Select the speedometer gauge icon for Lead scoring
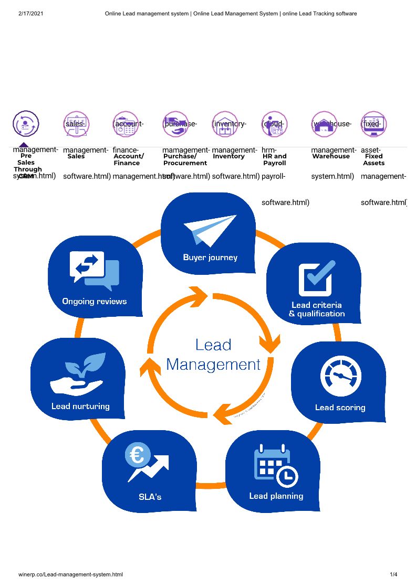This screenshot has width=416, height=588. tap(341, 377)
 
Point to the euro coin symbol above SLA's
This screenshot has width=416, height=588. tap(138, 454)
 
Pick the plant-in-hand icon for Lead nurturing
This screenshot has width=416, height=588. tap(78, 374)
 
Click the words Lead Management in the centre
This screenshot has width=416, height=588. tap(213, 355)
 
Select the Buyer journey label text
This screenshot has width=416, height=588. tap(210, 258)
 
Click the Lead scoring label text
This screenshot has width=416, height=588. tap(340, 408)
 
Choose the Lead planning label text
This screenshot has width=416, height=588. tap(276, 496)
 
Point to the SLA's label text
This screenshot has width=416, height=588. tap(150, 497)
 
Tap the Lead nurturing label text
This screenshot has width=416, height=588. tap(80, 406)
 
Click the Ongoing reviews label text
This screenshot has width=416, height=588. tap(94, 302)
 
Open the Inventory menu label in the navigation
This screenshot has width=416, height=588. tap(228, 156)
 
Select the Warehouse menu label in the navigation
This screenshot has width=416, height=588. tap(330, 156)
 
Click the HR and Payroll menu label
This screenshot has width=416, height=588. tap(274, 159)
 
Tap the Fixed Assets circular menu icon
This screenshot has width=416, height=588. tap(374, 124)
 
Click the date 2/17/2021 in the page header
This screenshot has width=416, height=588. tap(30, 13)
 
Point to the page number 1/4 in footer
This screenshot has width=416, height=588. tap(393, 575)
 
